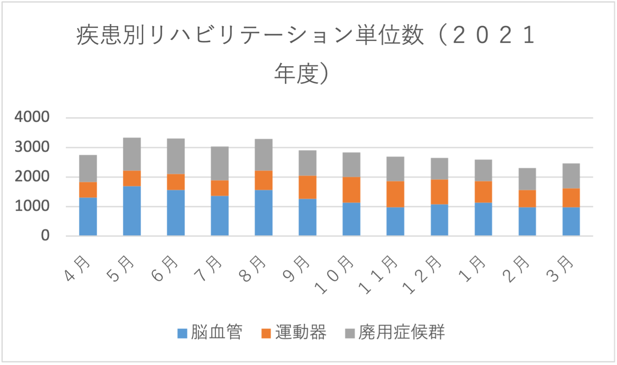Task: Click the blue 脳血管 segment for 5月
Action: pos(132,211)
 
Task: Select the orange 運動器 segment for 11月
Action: pos(395,194)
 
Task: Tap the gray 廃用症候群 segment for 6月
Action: pos(176,156)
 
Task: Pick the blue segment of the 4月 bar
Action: pos(88,217)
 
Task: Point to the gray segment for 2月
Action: pos(527,179)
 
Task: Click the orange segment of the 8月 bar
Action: pos(263,180)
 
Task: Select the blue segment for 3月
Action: pos(571,221)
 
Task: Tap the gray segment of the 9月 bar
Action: pos(307,163)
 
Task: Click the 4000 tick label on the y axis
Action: pos(32,117)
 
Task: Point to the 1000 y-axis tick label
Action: pos(32,206)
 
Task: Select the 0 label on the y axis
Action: pos(45,236)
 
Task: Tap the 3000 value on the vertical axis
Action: pos(32,147)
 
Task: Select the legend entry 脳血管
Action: pos(216,333)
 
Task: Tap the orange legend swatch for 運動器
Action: pos(266,333)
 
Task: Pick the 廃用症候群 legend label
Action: pos(401,333)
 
